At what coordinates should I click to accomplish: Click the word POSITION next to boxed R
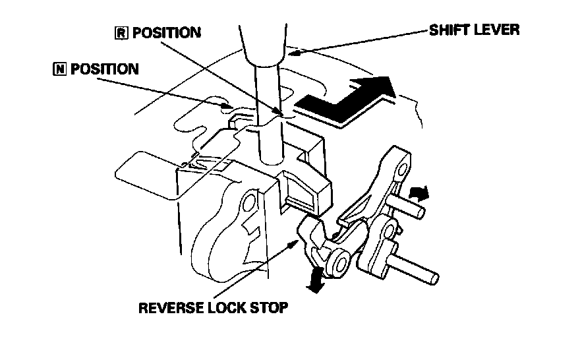pos(165,33)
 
